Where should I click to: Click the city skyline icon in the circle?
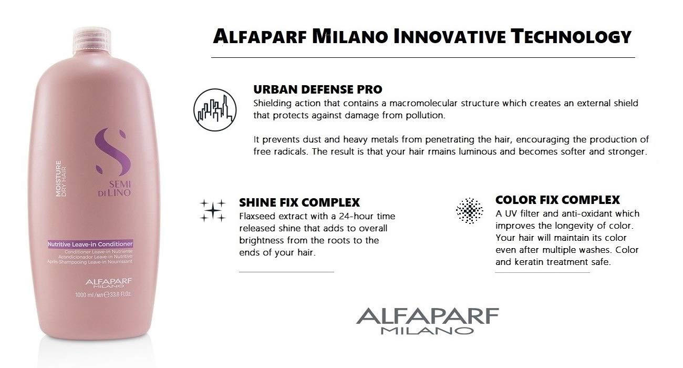tap(215, 110)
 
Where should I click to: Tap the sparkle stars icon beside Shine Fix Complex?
tap(213, 210)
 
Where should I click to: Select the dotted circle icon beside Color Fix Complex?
tap(470, 210)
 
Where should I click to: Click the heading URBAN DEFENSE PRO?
tap(318, 89)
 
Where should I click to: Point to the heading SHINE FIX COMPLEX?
tap(299, 202)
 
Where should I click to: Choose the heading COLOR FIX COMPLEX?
tap(557, 200)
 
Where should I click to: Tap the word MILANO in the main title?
tap(350, 37)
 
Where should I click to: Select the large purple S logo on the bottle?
tap(111, 151)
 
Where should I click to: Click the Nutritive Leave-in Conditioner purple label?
tap(90, 244)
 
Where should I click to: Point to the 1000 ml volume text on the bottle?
tap(104, 295)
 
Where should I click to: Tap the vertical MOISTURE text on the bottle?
tap(58, 179)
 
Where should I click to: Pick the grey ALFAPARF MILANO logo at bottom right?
tap(428, 321)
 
